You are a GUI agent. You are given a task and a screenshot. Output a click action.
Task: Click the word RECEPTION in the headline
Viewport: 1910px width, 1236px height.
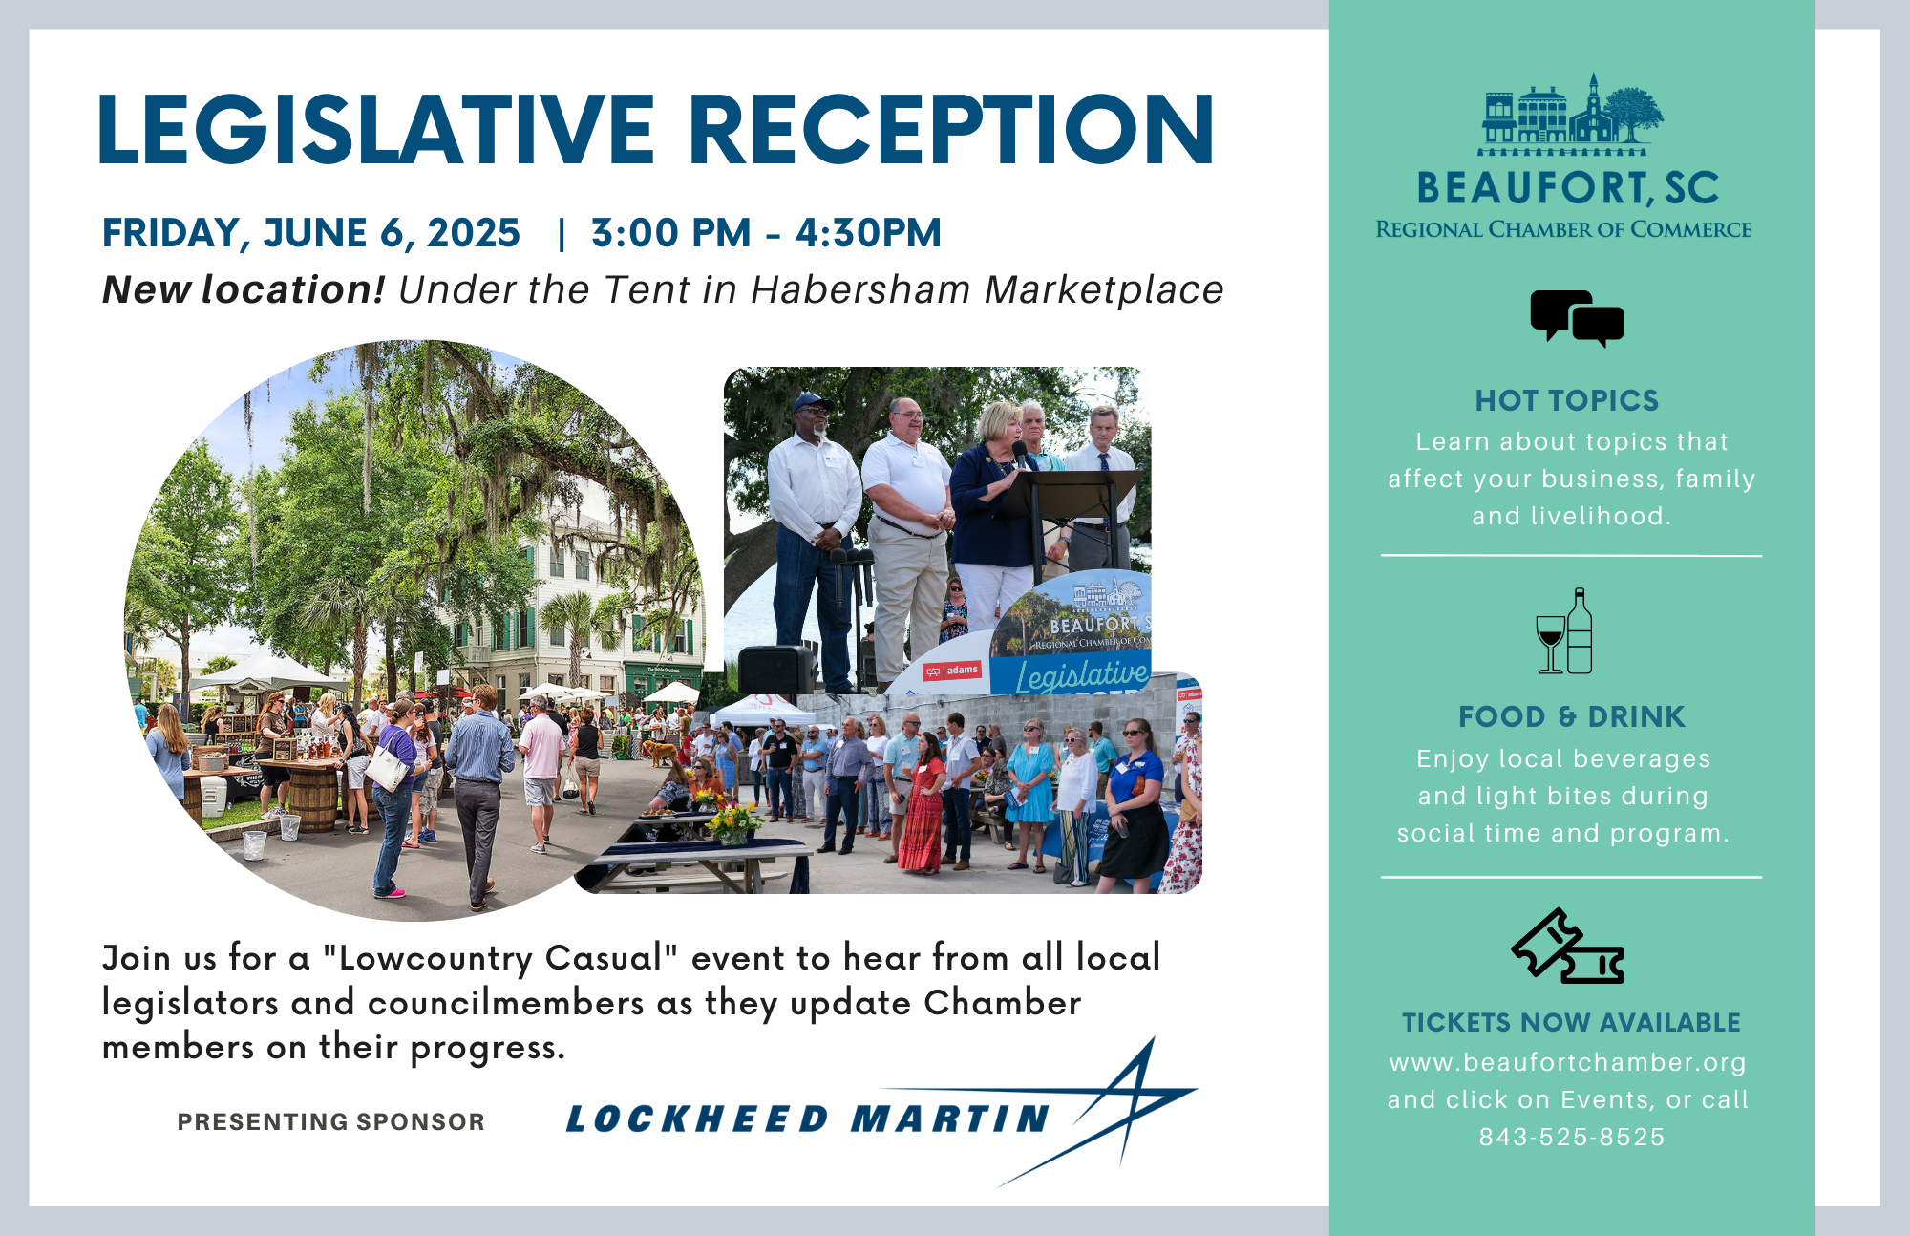950,129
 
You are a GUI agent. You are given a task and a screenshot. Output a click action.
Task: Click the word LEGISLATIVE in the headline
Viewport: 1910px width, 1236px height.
376,129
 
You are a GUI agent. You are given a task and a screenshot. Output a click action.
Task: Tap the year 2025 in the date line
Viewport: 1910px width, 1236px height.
474,233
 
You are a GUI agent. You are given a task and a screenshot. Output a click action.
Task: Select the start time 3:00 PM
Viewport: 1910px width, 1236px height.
670,233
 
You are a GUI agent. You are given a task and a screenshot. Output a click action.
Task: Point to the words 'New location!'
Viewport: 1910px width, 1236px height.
244,289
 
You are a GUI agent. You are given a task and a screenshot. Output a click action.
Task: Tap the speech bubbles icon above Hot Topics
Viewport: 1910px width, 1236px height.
1577,319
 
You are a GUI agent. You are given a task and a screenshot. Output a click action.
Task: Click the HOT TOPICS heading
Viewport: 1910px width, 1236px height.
1567,400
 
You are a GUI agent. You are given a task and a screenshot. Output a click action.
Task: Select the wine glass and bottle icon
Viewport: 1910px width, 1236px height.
1564,631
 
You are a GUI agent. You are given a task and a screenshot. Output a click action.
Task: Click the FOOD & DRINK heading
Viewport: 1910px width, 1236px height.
1572,716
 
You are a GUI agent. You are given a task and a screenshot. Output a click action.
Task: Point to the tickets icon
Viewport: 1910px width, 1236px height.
1567,946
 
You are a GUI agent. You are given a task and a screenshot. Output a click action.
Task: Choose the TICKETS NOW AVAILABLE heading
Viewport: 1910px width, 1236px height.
1571,1022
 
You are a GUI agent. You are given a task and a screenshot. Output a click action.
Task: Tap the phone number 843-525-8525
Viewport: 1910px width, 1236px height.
1572,1137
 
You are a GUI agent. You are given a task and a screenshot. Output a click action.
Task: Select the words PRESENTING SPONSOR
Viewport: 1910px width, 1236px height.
331,1121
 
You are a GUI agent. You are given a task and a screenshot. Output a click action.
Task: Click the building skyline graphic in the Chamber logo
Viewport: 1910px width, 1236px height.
1571,115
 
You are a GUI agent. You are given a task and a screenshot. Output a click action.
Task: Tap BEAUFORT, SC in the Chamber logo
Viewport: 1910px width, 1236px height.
1567,188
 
